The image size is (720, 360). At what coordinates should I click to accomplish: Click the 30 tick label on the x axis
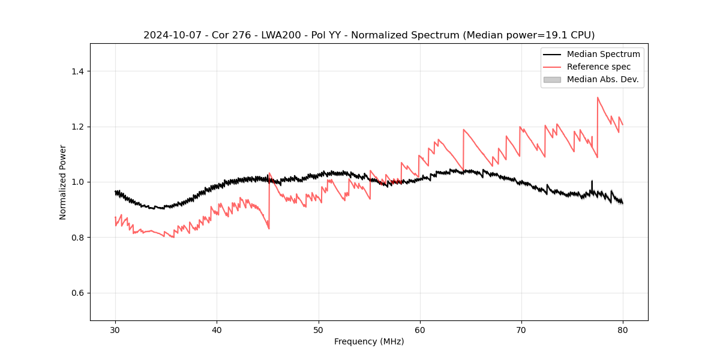coord(115,330)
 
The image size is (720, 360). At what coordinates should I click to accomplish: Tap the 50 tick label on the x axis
coord(318,330)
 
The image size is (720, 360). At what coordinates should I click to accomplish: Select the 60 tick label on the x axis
coord(419,330)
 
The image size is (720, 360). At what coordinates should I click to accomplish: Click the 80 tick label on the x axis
coord(623,330)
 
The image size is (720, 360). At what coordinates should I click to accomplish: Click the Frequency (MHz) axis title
coord(369,341)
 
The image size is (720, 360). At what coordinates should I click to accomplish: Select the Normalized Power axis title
coord(63,182)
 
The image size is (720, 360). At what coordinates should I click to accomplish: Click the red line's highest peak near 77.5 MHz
coord(598,97)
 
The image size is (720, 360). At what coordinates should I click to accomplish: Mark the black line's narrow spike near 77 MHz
coord(592,181)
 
